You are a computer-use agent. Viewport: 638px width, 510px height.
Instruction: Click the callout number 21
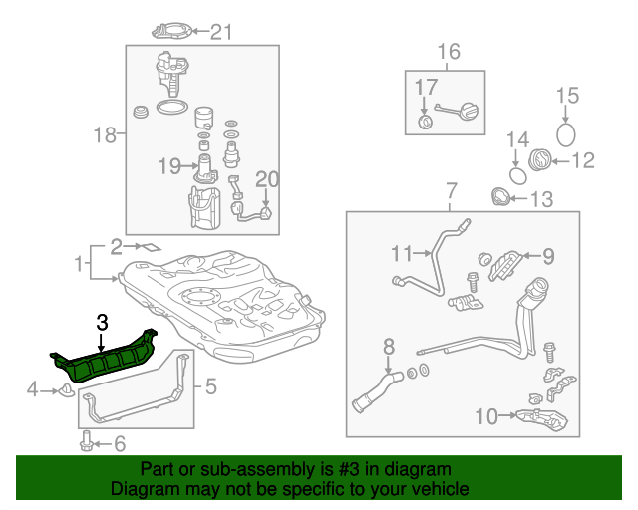click(x=219, y=32)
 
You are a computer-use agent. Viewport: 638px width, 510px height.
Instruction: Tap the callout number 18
click(x=105, y=133)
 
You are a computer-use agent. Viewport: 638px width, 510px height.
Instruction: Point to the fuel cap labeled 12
click(x=539, y=159)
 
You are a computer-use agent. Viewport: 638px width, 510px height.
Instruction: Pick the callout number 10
click(x=485, y=416)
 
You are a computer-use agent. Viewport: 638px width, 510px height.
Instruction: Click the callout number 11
click(x=401, y=251)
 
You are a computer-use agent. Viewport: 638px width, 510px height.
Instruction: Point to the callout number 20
click(x=266, y=179)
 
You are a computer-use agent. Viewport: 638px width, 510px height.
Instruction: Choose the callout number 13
click(x=539, y=200)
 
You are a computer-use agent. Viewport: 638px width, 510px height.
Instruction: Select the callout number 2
click(x=117, y=245)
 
